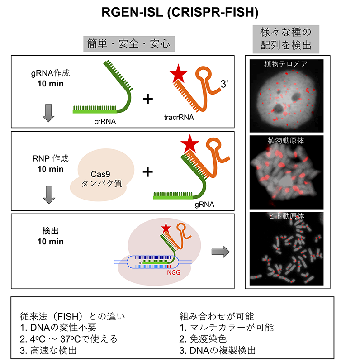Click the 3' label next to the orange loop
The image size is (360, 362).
[225, 84]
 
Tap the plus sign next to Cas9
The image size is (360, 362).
[147, 171]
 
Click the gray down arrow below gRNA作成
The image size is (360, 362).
[48, 113]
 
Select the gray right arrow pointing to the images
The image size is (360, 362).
[221, 252]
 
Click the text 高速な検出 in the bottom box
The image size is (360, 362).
[48, 349]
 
